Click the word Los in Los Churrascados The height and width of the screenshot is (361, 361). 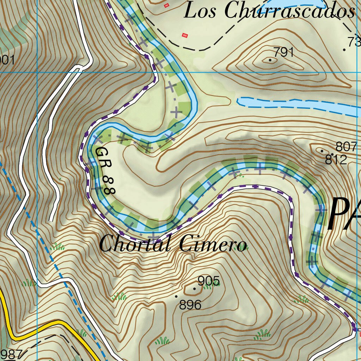(x=201, y=11)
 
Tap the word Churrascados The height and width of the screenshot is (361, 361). (x=289, y=11)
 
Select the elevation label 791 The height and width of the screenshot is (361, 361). (x=284, y=52)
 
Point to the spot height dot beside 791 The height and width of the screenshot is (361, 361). (x=270, y=60)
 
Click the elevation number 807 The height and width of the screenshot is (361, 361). (x=346, y=146)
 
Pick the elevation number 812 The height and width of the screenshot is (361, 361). (x=336, y=160)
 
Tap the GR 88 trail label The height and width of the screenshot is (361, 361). (x=105, y=171)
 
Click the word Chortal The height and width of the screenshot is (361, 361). (x=136, y=244)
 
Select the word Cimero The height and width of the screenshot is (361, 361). (x=212, y=244)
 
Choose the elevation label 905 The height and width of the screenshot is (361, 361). (x=209, y=281)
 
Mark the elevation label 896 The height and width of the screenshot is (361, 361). (x=190, y=305)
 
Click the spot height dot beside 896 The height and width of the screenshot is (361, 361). (x=176, y=296)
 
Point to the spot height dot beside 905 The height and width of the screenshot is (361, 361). (x=194, y=288)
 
